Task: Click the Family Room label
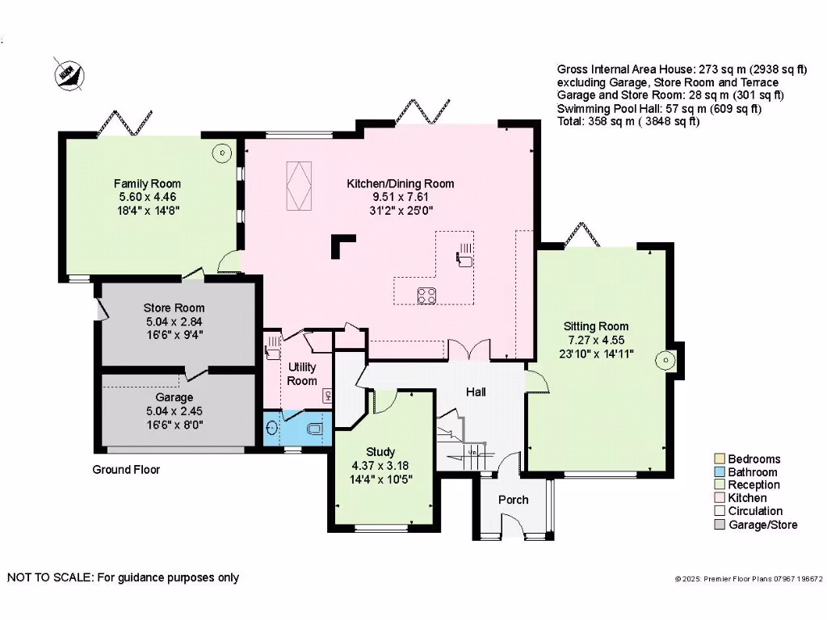coord(147,183)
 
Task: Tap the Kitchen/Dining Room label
coord(401,183)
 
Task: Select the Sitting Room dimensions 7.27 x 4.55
coord(595,340)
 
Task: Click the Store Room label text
coord(174,308)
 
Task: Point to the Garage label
coord(174,397)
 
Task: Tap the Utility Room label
coord(303,374)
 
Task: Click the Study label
coord(380,452)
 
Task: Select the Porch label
coord(513,500)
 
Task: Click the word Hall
coord(476,392)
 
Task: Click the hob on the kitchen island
coord(426,295)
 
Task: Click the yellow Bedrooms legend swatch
coord(720,459)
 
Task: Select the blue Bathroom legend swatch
coord(720,472)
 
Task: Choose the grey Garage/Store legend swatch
coord(720,525)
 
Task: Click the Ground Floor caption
coord(126,469)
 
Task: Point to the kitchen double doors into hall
coord(468,349)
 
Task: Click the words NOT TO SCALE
coord(49,577)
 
